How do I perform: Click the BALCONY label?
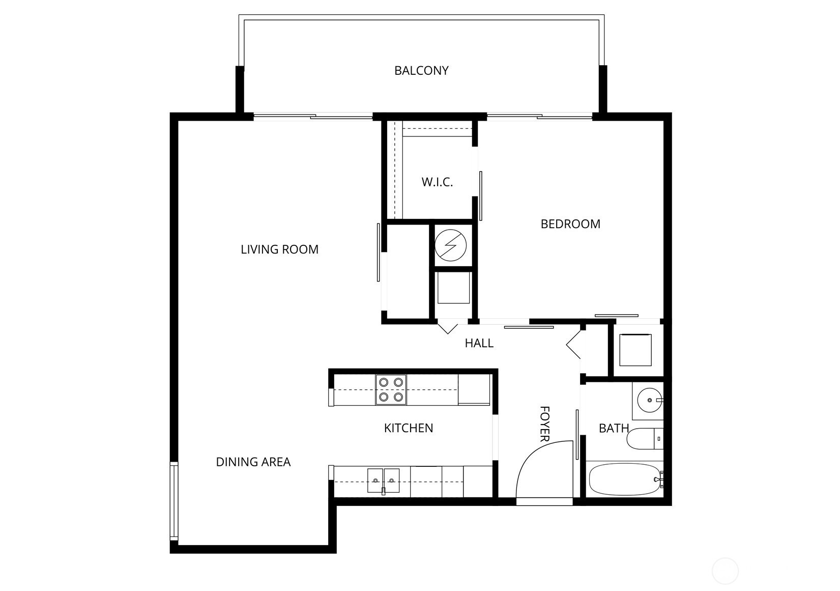click(421, 71)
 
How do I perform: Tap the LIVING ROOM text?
click(279, 249)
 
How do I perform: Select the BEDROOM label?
click(570, 224)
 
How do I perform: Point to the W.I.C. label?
click(437, 182)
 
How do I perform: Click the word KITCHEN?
click(409, 428)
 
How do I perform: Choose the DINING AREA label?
click(253, 462)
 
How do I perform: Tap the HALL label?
click(479, 343)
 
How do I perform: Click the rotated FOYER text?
click(544, 424)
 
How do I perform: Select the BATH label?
click(614, 428)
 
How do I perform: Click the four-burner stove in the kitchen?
click(391, 389)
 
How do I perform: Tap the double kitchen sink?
click(383, 481)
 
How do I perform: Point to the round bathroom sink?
click(650, 401)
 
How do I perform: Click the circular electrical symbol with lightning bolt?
click(450, 245)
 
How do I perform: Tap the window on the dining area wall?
click(173, 501)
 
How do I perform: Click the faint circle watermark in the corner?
click(725, 571)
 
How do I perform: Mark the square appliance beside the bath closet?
click(635, 350)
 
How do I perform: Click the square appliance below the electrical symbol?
click(454, 288)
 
